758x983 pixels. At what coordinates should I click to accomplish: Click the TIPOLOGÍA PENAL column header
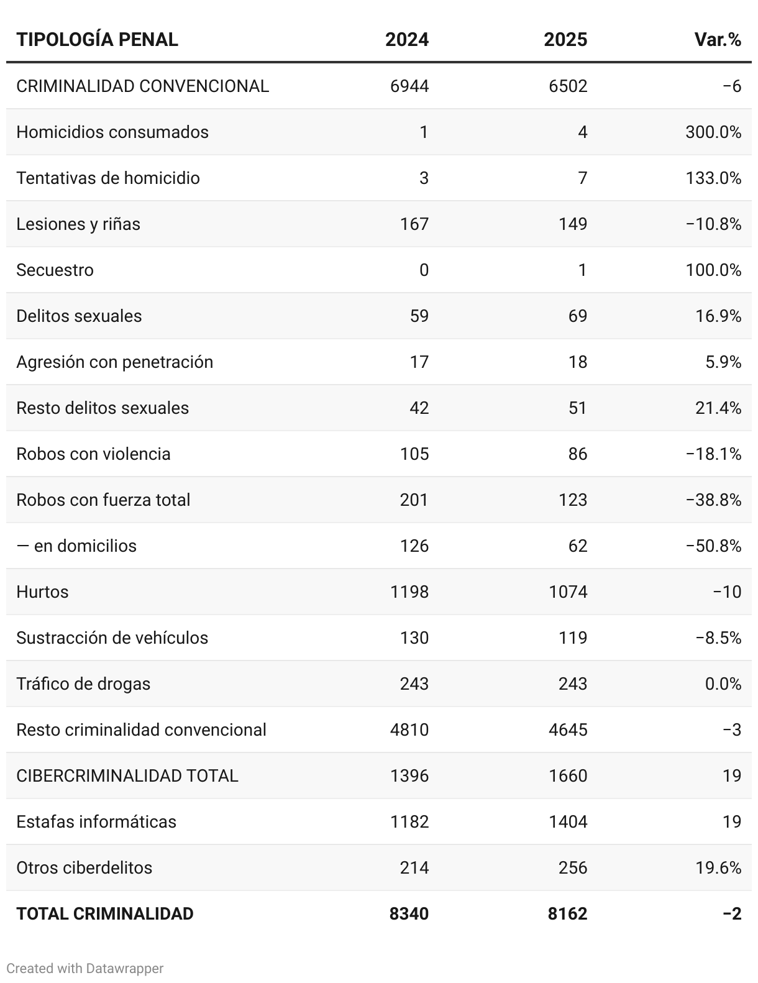tap(97, 40)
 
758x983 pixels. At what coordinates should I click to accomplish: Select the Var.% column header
tap(718, 40)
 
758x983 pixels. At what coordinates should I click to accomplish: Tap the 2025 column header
tap(565, 40)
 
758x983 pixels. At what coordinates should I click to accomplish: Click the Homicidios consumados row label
tap(112, 132)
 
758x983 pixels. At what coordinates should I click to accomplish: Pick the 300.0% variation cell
tap(713, 132)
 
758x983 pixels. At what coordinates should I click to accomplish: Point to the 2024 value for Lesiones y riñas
tap(414, 224)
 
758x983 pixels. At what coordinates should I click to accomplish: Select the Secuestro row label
tap(55, 270)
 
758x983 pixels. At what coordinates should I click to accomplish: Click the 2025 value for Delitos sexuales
tap(577, 316)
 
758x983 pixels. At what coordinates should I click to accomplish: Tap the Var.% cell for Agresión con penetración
tap(723, 362)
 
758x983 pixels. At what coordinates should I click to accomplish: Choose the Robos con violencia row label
tap(93, 454)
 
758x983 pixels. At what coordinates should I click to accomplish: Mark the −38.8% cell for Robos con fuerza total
tap(713, 500)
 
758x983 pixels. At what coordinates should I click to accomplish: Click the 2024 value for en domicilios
tap(414, 546)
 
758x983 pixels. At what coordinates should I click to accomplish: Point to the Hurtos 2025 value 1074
tap(568, 592)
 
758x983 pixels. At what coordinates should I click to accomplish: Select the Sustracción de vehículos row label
tap(112, 638)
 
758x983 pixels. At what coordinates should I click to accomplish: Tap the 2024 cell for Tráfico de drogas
tap(414, 684)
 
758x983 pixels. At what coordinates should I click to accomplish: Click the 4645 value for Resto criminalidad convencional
tap(568, 729)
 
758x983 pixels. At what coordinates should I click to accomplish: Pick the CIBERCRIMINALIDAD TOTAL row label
tap(127, 775)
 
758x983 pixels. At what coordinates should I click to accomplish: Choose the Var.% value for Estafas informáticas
tap(732, 821)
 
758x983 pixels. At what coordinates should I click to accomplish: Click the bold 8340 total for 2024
tap(409, 913)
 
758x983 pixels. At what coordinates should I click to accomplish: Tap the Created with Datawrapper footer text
tap(84, 968)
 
